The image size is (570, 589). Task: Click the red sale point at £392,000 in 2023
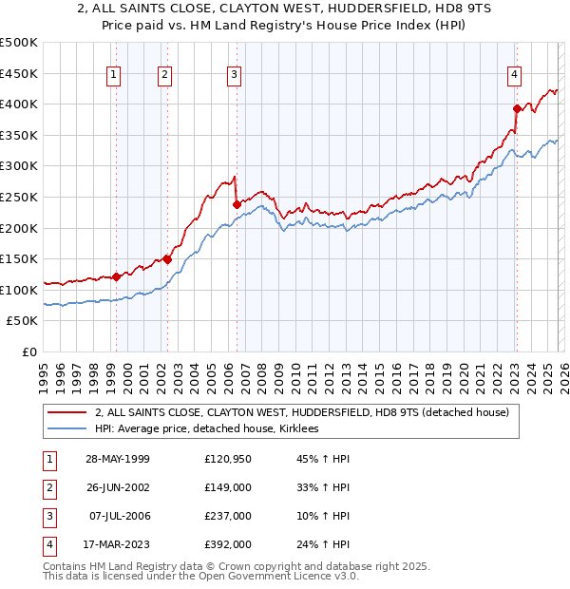coord(517,108)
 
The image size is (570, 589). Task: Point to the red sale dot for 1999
coord(116,276)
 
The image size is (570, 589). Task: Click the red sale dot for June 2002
coord(167,259)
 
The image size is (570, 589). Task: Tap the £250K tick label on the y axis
coord(19,197)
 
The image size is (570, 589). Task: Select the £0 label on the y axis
coord(29,351)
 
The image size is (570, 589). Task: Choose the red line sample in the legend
coord(68,412)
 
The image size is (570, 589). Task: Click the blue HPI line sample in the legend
coord(68,429)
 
